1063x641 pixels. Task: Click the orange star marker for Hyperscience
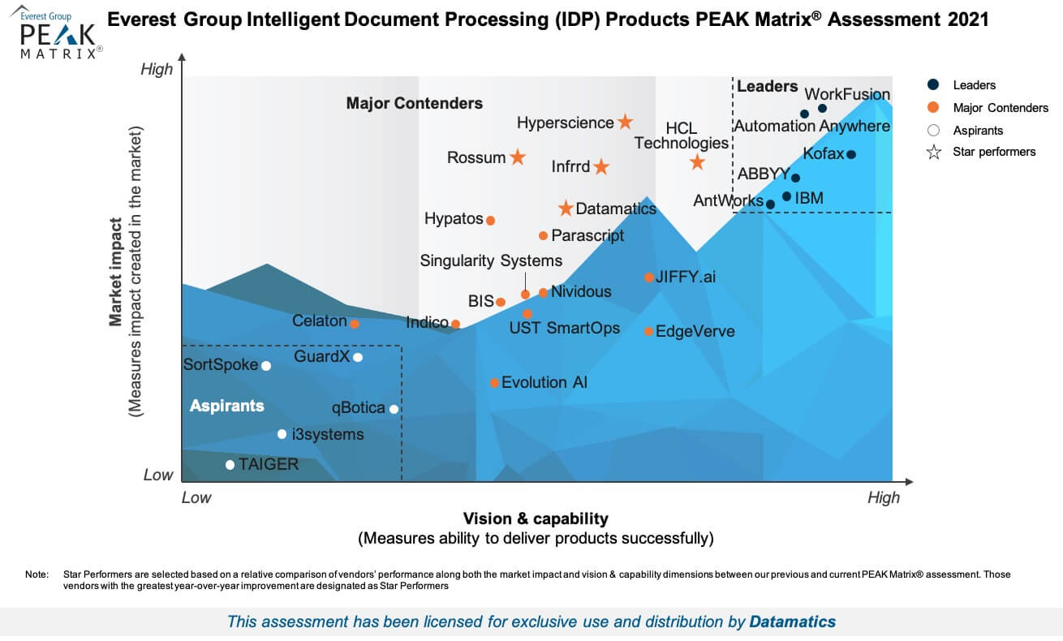625,122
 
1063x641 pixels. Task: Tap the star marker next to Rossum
517,157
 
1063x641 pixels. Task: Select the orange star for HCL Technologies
697,162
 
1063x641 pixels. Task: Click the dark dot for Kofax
850,154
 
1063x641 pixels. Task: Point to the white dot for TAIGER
230,465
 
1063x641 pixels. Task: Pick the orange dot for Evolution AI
494,382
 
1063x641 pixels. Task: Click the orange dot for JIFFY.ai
649,277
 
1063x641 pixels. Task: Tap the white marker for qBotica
394,409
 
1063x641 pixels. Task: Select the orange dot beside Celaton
354,323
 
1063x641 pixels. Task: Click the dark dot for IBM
786,196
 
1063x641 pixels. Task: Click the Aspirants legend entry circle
933,130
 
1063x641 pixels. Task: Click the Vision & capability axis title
536,518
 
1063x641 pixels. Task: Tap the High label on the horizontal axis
883,497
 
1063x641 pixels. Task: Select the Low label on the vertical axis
158,475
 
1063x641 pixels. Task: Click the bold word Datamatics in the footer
792,622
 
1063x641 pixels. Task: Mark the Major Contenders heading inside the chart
414,103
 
